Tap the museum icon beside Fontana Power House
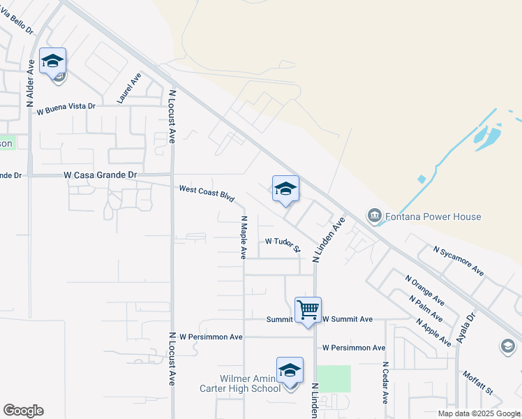click(375, 216)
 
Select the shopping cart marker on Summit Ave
click(308, 309)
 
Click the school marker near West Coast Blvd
click(285, 189)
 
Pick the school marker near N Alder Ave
click(53, 62)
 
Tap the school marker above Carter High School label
click(290, 372)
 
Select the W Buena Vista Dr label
click(66, 108)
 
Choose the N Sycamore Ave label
click(458, 260)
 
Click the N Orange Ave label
click(425, 290)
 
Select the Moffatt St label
click(478, 382)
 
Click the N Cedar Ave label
click(385, 383)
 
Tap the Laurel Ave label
click(130, 88)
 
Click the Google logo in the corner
click(23, 411)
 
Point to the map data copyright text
click(478, 413)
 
